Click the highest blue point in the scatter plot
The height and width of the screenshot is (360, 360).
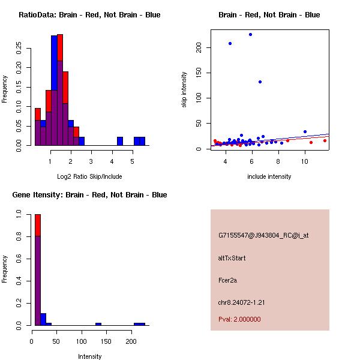(250, 35)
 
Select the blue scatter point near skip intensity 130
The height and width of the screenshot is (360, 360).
(260, 82)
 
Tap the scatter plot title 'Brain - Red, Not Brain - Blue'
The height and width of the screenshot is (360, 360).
(269, 15)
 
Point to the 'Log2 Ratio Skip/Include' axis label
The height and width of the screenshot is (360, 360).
(82, 176)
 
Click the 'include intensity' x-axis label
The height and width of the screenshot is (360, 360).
(269, 176)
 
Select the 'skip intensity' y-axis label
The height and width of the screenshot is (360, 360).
(185, 90)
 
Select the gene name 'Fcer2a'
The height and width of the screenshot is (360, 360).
(229, 280)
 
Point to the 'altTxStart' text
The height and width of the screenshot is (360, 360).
(232, 258)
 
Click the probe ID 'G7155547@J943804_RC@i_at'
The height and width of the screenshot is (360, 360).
(263, 235)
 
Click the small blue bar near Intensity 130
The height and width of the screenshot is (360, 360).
(98, 324)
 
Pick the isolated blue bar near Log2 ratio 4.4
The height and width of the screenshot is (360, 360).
(119, 141)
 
